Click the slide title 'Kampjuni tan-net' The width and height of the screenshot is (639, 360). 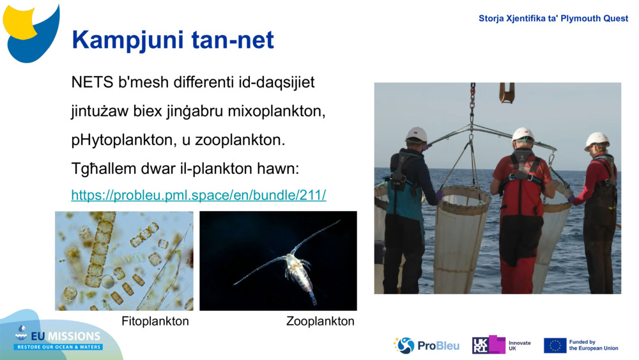click(x=173, y=40)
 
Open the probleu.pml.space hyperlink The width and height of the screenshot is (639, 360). click(x=198, y=196)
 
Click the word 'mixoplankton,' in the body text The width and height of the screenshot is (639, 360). click(x=279, y=111)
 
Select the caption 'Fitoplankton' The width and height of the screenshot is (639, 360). click(x=155, y=321)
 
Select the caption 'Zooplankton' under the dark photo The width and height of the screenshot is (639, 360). click(x=320, y=321)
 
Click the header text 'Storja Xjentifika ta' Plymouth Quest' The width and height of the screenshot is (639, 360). click(x=553, y=19)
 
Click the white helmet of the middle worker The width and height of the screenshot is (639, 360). click(x=523, y=134)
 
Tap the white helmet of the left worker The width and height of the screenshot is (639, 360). click(x=417, y=134)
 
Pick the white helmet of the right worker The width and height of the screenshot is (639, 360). click(x=597, y=140)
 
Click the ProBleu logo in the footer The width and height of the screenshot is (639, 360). click(x=426, y=345)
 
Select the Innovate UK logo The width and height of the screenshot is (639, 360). click(x=502, y=345)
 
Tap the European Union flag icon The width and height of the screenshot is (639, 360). click(x=555, y=345)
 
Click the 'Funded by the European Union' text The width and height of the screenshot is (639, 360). click(x=594, y=345)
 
